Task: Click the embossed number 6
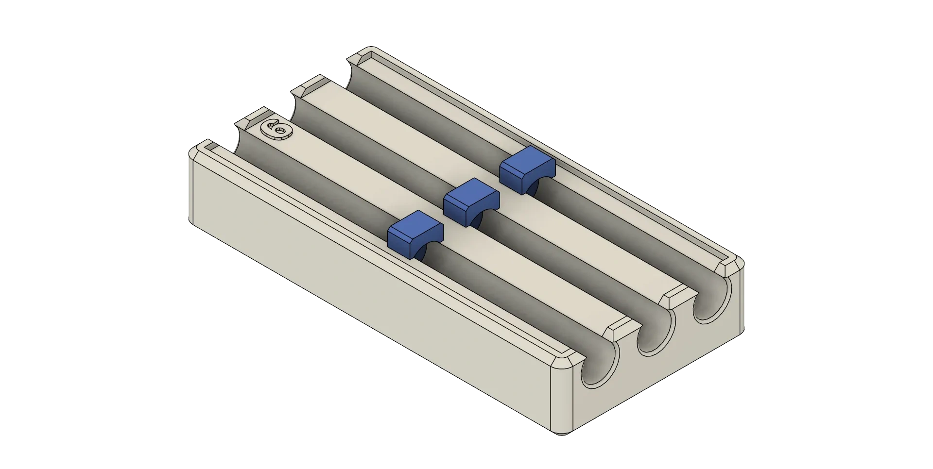click(x=276, y=130)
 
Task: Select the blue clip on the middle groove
click(x=471, y=202)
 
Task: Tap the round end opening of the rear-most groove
click(x=712, y=301)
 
